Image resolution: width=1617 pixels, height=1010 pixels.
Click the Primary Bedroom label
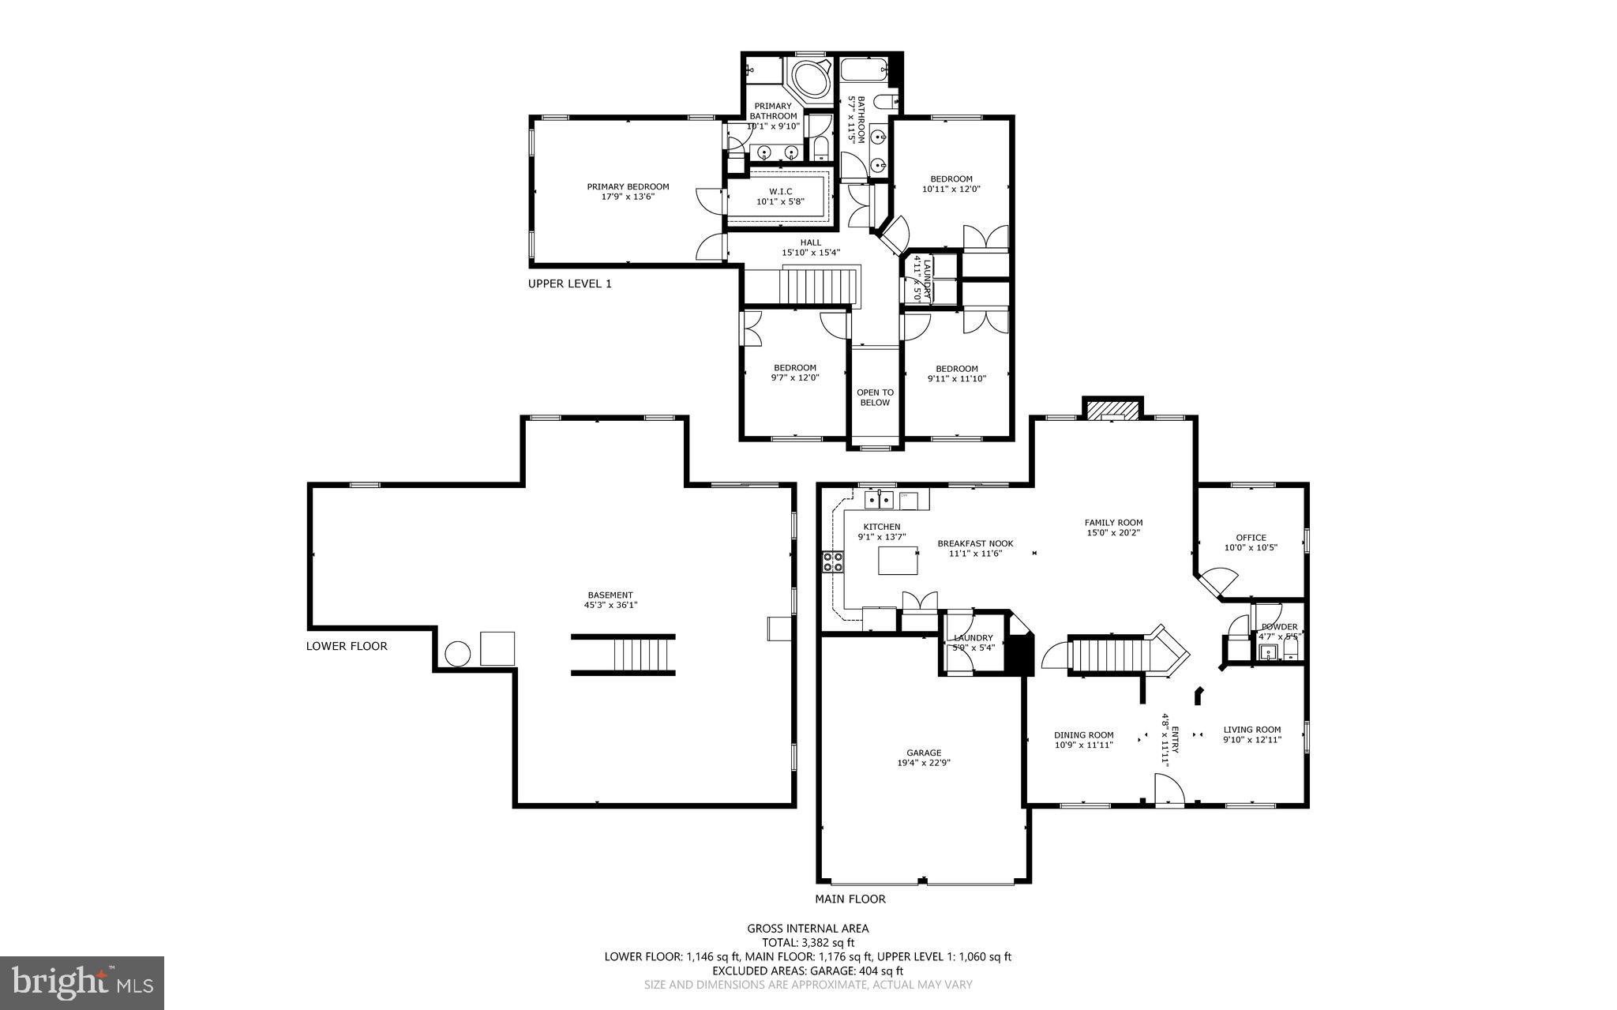[628, 187]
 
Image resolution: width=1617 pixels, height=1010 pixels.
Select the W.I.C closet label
[780, 192]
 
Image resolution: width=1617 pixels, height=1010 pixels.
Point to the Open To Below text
[875, 397]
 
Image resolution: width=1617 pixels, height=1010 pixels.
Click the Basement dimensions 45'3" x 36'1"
[610, 606]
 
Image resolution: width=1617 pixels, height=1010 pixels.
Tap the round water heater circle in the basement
[458, 655]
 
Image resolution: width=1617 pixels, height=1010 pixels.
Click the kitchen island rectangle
[899, 562]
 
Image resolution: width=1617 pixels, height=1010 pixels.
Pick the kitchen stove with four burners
[833, 562]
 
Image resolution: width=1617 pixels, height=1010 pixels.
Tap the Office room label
[1251, 538]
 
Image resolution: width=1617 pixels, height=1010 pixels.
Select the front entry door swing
[1169, 790]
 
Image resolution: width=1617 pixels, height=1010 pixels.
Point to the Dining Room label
[1083, 734]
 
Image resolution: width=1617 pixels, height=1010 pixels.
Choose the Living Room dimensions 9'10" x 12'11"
[1252, 740]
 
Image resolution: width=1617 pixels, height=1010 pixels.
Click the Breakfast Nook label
[975, 543]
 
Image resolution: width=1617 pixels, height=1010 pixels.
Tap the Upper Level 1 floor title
[569, 283]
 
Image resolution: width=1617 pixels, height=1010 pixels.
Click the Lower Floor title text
[347, 646]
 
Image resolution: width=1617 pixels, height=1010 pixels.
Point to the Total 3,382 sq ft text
[808, 942]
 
